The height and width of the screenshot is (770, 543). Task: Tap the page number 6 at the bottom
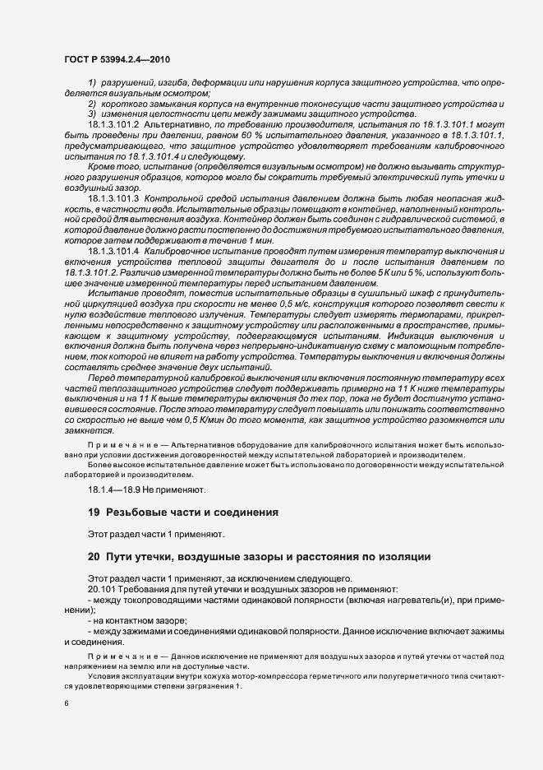[66, 704]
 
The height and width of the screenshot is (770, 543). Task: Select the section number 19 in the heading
[94, 513]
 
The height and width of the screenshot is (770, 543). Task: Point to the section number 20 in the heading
[94, 557]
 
